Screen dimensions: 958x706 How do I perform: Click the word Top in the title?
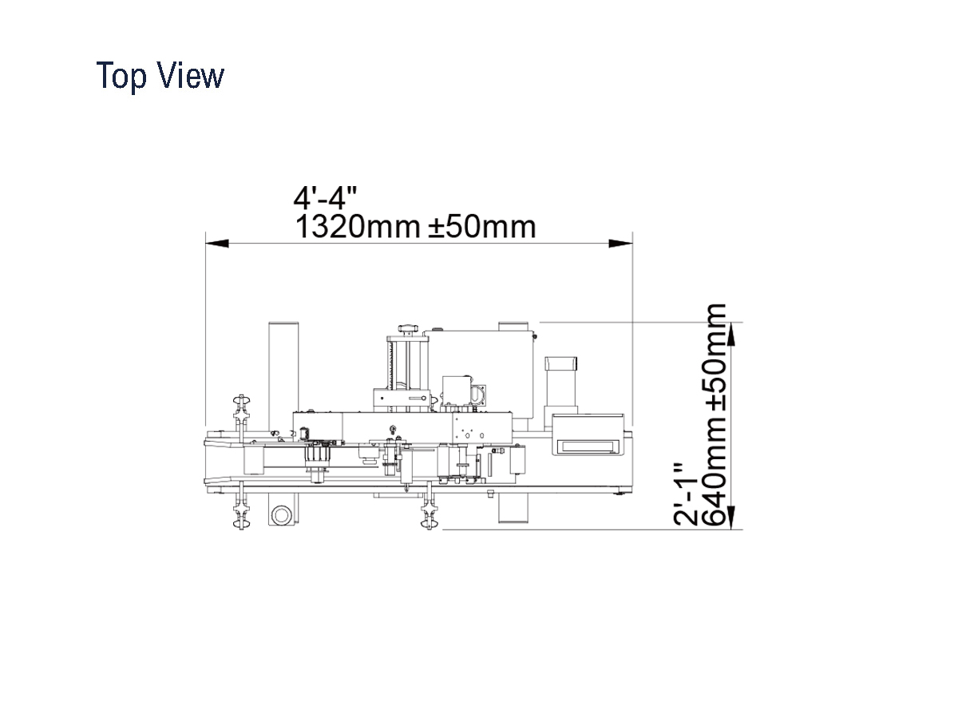121,76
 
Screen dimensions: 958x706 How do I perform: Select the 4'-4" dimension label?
325,197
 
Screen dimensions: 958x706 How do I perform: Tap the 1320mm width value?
358,227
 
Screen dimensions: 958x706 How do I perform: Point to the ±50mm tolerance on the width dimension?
482,227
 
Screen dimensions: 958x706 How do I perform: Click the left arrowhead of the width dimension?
217,244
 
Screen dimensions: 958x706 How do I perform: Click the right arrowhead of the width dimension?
621,244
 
